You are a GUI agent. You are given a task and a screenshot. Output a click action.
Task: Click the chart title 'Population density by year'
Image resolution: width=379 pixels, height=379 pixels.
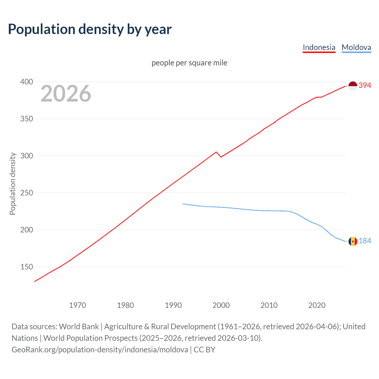coord(90,29)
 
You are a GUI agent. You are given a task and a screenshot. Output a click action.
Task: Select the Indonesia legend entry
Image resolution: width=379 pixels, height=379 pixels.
coord(319,47)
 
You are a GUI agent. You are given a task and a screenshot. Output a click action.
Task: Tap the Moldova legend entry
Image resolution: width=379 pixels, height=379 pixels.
coord(356,47)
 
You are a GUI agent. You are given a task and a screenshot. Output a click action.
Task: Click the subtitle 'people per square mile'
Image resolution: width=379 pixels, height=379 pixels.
coord(189,63)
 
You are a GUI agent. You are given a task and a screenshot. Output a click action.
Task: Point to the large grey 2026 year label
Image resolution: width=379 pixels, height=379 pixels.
coord(66,94)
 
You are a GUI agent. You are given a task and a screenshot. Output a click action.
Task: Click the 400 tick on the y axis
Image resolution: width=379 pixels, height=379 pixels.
coord(27,82)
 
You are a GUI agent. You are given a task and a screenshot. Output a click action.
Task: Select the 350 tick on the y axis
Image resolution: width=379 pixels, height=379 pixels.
coord(27,119)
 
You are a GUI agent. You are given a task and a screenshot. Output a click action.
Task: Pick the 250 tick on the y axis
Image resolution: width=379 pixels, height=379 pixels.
coord(27,193)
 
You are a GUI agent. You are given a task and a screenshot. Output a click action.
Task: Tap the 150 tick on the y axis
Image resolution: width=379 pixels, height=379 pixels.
coord(27,267)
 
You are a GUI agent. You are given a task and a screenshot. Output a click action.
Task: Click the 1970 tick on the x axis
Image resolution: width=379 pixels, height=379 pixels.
coord(78,305)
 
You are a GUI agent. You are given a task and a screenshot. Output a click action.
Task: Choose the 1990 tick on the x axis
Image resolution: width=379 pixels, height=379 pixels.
coord(173,305)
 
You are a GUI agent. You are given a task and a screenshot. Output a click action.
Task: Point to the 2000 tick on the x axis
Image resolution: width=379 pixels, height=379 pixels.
coord(221,305)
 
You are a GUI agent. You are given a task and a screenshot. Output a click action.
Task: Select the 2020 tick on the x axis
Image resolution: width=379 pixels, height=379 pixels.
coord(317,305)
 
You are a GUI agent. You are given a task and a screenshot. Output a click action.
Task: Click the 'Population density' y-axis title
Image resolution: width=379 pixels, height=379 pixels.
coord(12,184)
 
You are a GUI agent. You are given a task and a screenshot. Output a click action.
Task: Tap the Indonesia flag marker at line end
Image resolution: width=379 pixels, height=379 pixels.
coord(353,86)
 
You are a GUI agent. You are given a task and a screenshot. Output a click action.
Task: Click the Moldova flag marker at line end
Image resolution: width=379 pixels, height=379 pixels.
coord(353,241)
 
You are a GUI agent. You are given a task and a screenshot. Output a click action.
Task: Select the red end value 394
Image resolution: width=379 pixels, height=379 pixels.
coord(365,86)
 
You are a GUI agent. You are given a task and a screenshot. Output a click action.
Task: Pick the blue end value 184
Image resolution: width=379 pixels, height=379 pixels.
coord(365,241)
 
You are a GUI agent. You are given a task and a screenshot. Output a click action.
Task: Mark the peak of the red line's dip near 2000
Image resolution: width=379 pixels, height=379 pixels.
coord(216,152)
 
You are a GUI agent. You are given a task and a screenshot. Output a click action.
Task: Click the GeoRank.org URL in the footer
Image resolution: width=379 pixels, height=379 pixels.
coord(100,350)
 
